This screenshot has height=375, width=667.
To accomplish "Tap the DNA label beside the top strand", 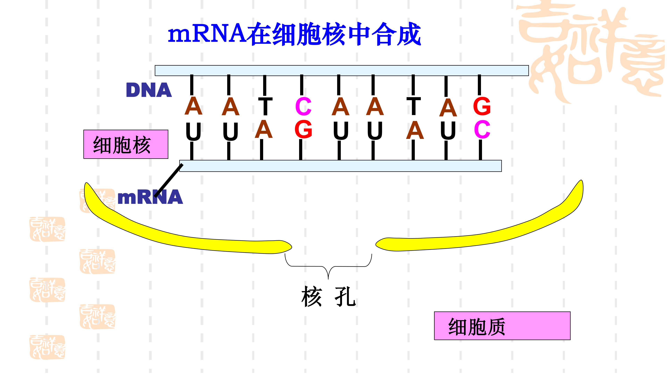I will point(149,90).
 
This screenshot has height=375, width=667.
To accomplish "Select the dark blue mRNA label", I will point(150,197).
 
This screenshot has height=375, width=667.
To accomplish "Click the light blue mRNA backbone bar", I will point(340,166).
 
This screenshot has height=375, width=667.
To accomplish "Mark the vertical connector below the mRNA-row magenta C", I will point(480,150).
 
